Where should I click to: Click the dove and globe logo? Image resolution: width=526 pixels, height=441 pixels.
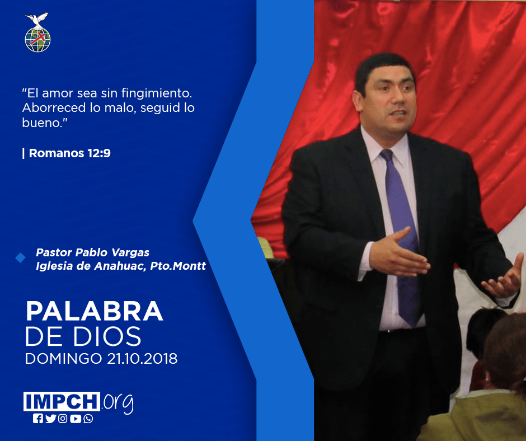pyautogui.click(x=37, y=32)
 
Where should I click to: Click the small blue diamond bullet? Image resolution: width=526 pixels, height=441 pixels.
pyautogui.click(x=21, y=258)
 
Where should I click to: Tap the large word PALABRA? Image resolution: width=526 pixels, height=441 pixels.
pyautogui.click(x=94, y=312)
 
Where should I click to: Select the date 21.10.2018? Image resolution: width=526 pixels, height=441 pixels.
pyautogui.click(x=142, y=359)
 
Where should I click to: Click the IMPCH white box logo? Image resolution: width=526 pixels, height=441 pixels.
pyautogui.click(x=62, y=401)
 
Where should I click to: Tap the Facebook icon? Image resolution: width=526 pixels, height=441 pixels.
pyautogui.click(x=38, y=419)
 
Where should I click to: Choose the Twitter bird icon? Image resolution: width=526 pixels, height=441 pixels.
pyautogui.click(x=51, y=419)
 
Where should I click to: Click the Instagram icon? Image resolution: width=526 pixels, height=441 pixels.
pyautogui.click(x=63, y=419)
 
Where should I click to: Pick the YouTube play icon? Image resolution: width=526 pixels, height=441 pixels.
pyautogui.click(x=76, y=419)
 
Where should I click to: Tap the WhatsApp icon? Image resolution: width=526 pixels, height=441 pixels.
pyautogui.click(x=88, y=419)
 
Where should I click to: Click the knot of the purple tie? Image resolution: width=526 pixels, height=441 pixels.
pyautogui.click(x=387, y=156)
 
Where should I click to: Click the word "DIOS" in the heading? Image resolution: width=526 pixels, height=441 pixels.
pyautogui.click(x=107, y=336)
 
